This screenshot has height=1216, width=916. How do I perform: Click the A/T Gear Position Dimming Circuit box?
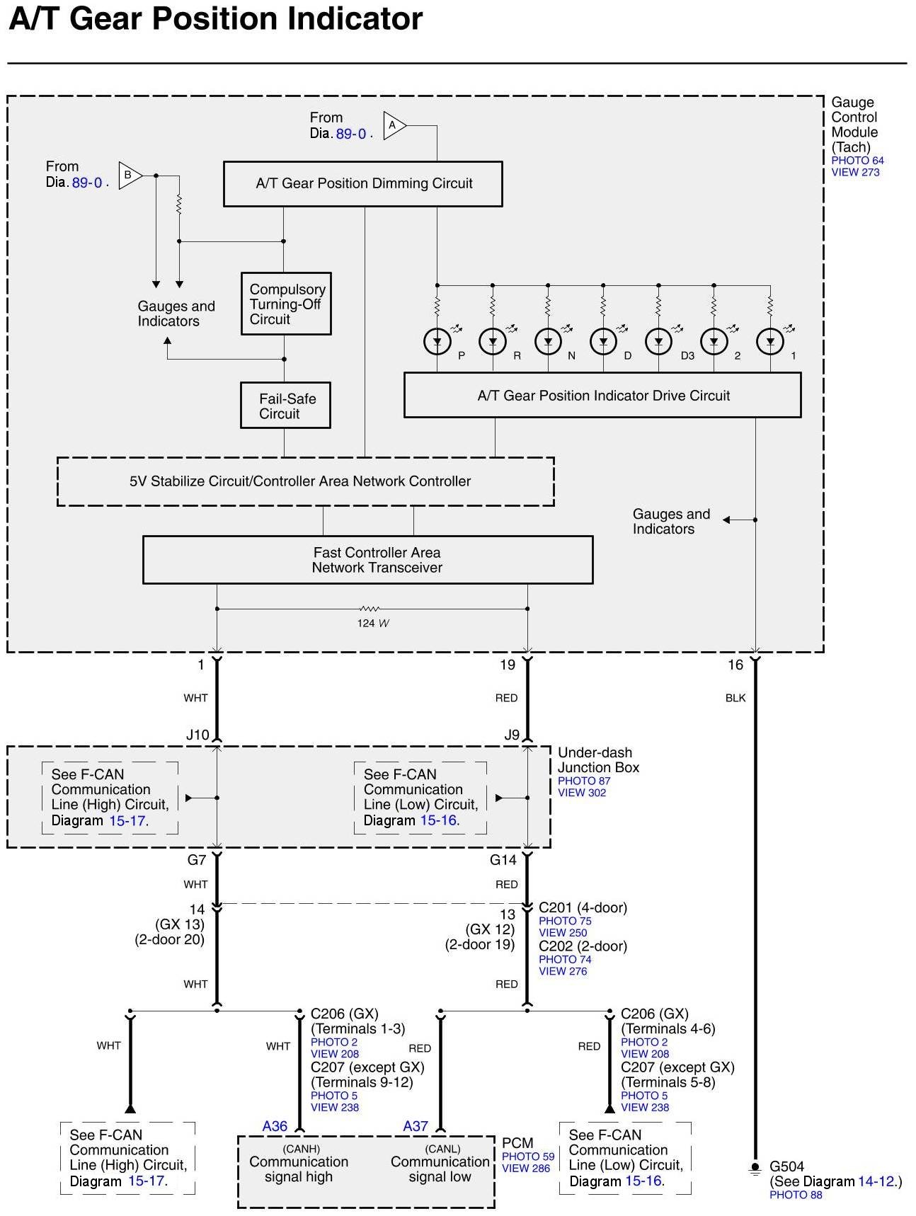click(x=362, y=184)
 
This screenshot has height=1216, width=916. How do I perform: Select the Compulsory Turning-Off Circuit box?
click(x=286, y=304)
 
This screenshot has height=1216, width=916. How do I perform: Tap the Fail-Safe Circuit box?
click(x=285, y=406)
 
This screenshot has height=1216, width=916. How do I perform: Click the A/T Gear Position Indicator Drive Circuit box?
click(x=602, y=396)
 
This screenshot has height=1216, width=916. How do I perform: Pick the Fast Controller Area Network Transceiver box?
click(x=367, y=560)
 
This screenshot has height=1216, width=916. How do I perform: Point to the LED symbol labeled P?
click(x=437, y=342)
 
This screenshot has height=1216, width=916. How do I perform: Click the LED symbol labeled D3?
click(x=658, y=342)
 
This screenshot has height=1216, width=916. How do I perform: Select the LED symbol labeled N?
click(x=548, y=342)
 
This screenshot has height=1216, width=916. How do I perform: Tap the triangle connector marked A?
click(x=394, y=125)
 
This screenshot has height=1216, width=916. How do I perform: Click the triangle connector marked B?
click(x=130, y=175)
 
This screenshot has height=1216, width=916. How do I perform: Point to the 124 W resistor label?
click(x=372, y=624)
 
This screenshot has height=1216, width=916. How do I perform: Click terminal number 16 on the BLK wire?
click(x=735, y=665)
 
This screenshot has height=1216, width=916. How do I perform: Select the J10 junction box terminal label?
click(x=197, y=735)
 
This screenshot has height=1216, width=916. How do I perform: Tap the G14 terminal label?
click(x=503, y=860)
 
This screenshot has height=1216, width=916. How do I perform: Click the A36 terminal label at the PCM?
click(x=275, y=1126)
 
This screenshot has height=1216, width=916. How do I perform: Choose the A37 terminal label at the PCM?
click(x=416, y=1126)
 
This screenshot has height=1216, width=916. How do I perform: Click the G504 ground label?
click(x=787, y=1166)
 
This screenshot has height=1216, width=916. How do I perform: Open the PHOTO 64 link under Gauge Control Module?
click(x=857, y=161)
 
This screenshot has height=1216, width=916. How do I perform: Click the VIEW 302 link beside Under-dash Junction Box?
click(x=582, y=793)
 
